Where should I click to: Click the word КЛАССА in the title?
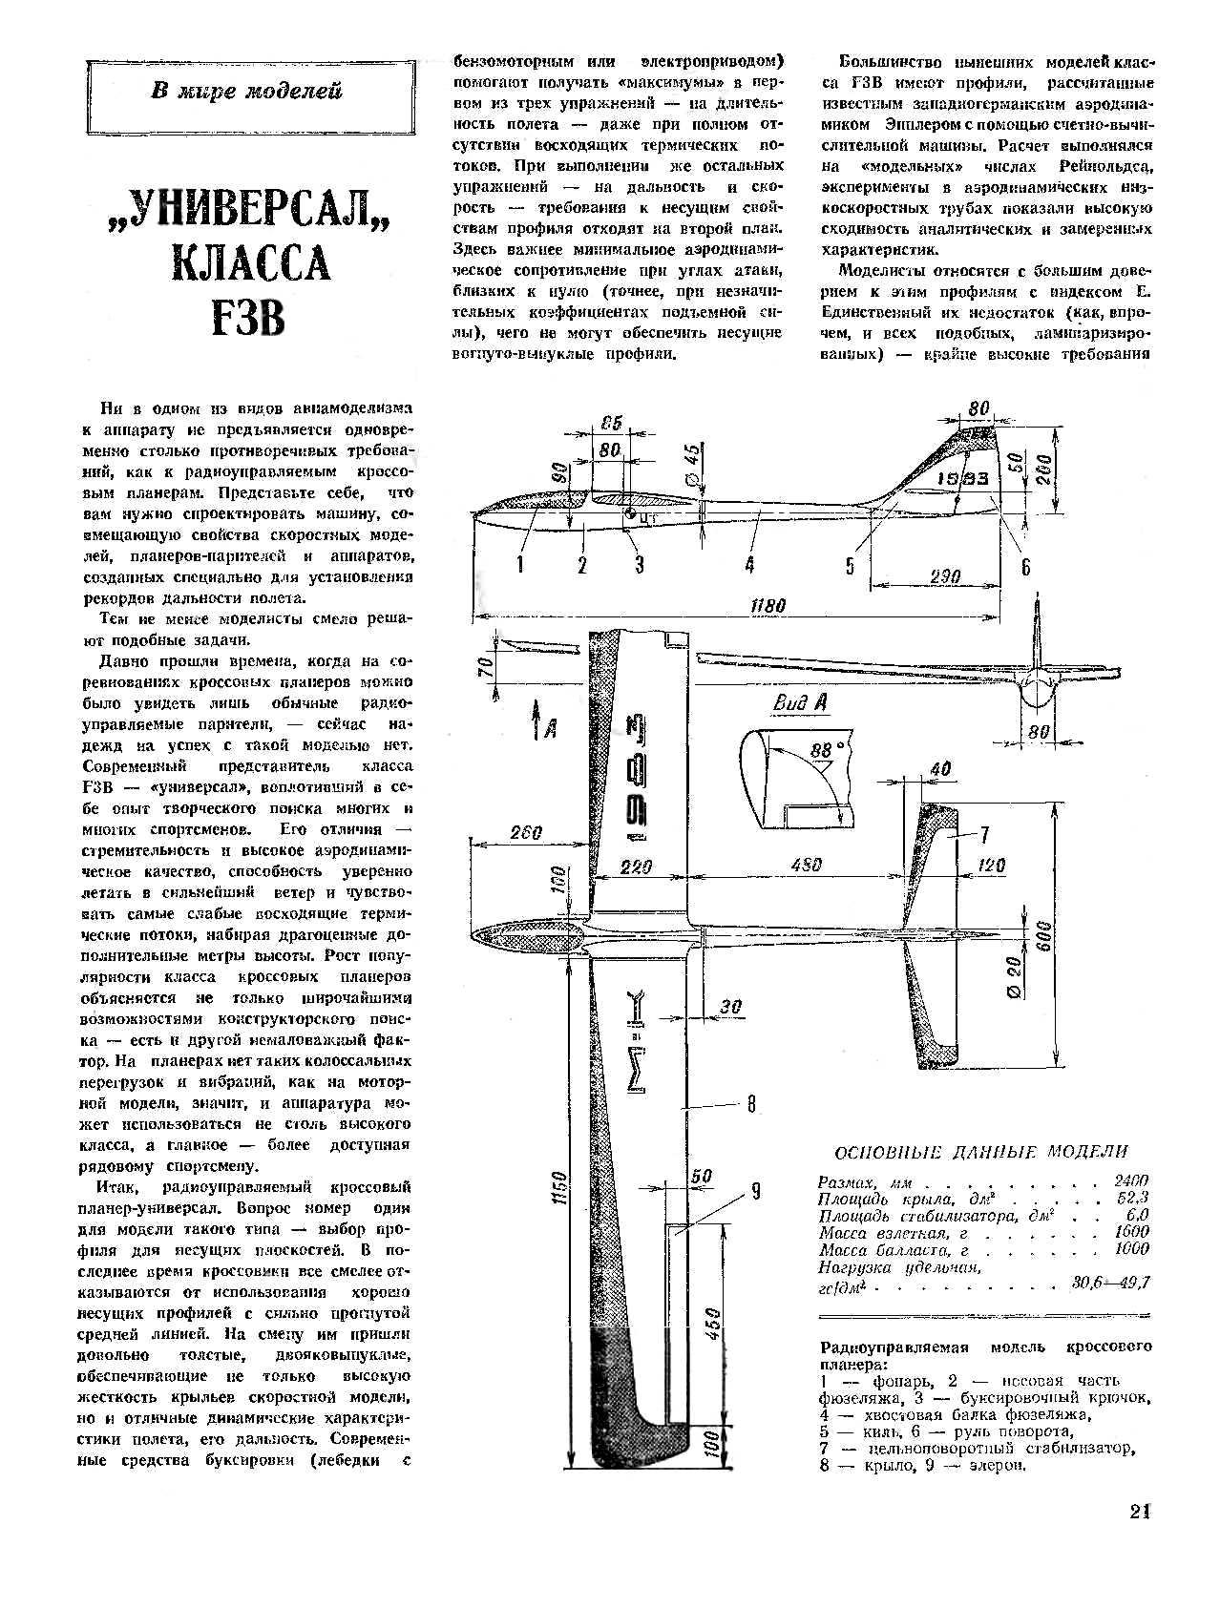point(251,263)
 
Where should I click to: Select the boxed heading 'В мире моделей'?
point(247,93)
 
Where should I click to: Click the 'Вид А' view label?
point(799,703)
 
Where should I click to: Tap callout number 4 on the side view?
point(749,565)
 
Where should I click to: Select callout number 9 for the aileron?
point(755,1190)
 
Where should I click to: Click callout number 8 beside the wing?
point(751,1104)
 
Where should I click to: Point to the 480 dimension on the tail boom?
point(808,867)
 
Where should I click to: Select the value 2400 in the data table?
point(1131,1180)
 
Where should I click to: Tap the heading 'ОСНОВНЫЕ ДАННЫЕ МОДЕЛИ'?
point(980,1152)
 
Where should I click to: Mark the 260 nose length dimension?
point(526,832)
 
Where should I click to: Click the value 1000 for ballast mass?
point(1131,1248)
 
